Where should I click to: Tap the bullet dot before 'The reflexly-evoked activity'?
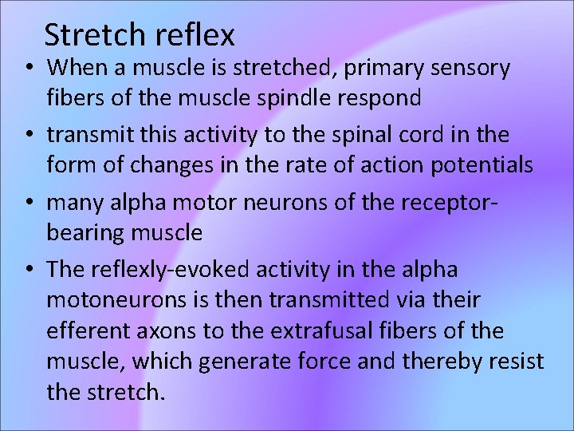pyautogui.click(x=27, y=269)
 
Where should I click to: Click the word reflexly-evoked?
pyautogui.click(x=163, y=269)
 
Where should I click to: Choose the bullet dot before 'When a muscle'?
pyautogui.click(x=27, y=69)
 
